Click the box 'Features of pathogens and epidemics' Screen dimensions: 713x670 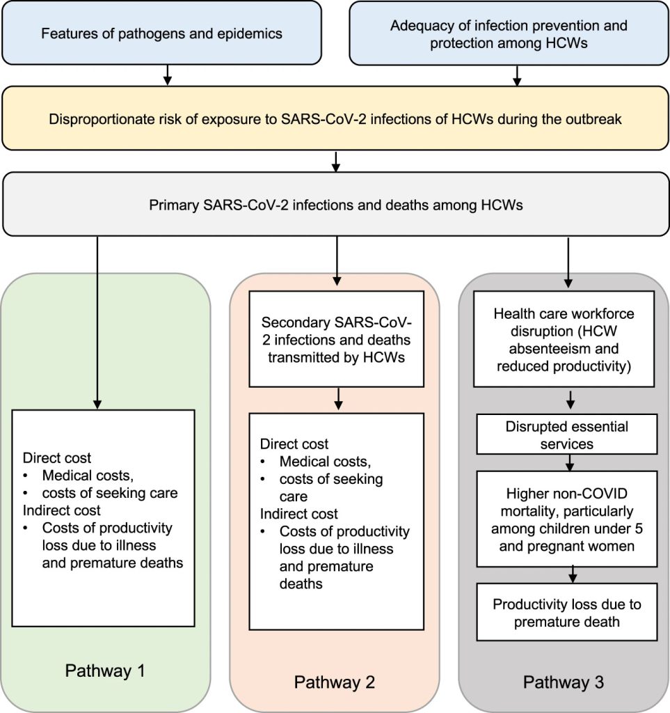161,31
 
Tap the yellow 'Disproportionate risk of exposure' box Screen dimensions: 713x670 335,119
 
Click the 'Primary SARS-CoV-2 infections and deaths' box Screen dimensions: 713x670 335,206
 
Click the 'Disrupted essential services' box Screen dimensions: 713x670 566,435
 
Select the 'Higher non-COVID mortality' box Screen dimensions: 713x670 566,518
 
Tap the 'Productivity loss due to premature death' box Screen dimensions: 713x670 566,613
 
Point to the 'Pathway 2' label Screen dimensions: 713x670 335,682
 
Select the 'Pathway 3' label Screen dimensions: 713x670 564,682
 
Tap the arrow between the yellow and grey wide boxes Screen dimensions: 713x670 336,162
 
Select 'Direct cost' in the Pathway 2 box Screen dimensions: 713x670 294,444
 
